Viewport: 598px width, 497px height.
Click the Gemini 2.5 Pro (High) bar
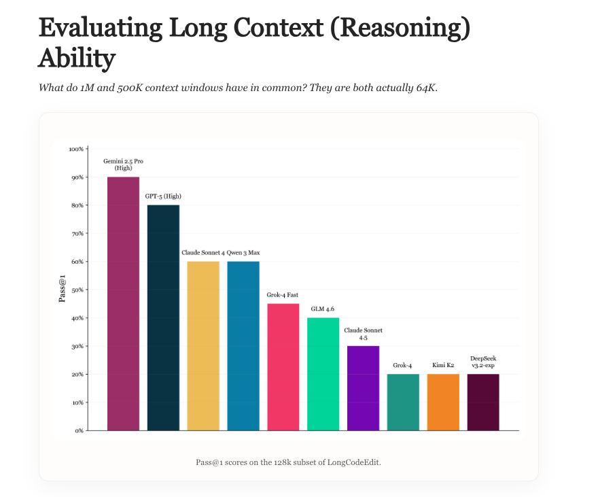point(123,303)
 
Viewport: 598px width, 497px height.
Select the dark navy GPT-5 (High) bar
point(163,318)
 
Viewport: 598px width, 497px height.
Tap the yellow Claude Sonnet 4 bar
point(203,345)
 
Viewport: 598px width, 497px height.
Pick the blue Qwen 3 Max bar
point(243,345)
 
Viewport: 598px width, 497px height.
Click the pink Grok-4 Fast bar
point(283,366)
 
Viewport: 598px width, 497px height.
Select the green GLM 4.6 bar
point(323,374)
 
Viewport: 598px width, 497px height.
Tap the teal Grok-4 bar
point(403,402)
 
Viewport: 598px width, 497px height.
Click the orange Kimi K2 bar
point(443,402)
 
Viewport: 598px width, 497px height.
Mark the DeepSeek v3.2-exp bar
point(483,402)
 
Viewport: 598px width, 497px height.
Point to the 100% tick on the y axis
point(76,149)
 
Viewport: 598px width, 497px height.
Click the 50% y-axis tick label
point(77,290)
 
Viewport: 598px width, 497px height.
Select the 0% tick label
point(78,430)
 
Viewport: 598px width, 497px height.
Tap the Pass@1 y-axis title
point(63,290)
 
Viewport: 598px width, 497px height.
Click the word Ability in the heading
point(76,59)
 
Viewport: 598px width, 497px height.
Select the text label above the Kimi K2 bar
point(443,366)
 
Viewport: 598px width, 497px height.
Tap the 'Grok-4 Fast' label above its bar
point(283,295)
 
